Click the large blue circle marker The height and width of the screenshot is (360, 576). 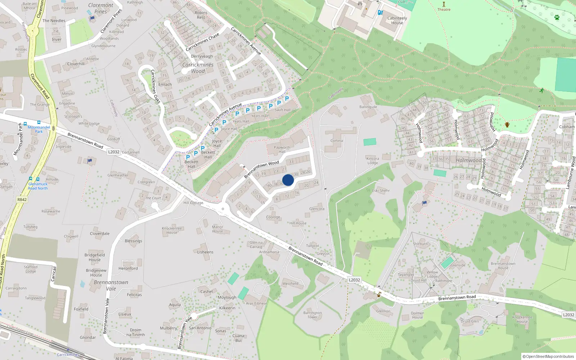288,180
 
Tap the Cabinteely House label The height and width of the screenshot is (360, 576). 397,21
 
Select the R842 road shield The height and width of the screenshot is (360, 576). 22,199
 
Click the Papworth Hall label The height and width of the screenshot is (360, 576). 282,149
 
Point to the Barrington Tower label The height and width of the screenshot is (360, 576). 312,315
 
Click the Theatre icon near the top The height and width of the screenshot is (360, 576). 444,4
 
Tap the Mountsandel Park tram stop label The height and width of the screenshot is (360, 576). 39,129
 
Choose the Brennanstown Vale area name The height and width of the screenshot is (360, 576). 111,285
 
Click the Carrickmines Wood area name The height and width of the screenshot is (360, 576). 198,68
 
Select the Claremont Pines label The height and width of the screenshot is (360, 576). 100,8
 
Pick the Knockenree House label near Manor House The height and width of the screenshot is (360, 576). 172,230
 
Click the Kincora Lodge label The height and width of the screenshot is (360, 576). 373,161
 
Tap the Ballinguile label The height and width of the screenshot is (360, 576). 368,107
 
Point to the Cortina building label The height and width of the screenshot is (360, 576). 337,141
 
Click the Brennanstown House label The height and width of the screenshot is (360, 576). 503,266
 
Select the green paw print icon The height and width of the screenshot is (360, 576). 557,17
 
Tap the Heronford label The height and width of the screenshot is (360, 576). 128,268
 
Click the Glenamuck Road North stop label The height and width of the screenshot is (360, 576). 38,186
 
